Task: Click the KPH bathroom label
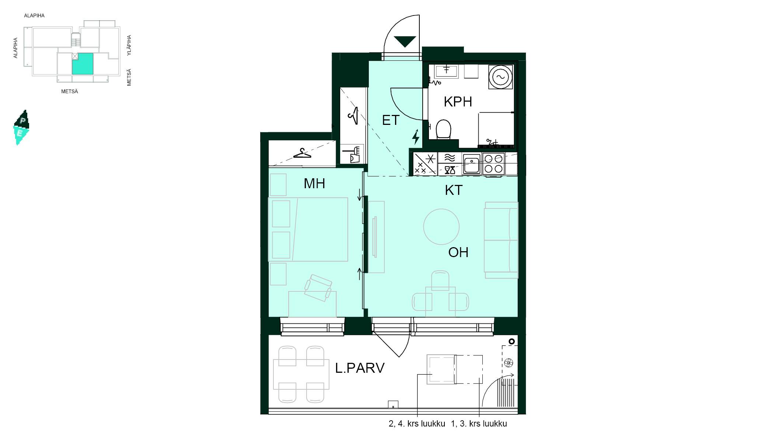point(458,102)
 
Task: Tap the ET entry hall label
point(391,120)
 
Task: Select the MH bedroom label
point(314,183)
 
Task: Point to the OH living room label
point(458,252)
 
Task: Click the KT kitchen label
point(454,190)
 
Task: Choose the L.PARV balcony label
point(360,368)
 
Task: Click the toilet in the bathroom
point(443,129)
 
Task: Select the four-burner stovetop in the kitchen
point(493,164)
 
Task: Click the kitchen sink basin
point(472,164)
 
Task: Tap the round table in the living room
point(441,227)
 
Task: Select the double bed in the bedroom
point(308,229)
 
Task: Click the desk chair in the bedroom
point(318,288)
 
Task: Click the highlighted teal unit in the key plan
point(83,64)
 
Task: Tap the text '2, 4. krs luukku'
point(417,424)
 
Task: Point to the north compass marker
point(21,127)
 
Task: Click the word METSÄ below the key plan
point(70,91)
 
